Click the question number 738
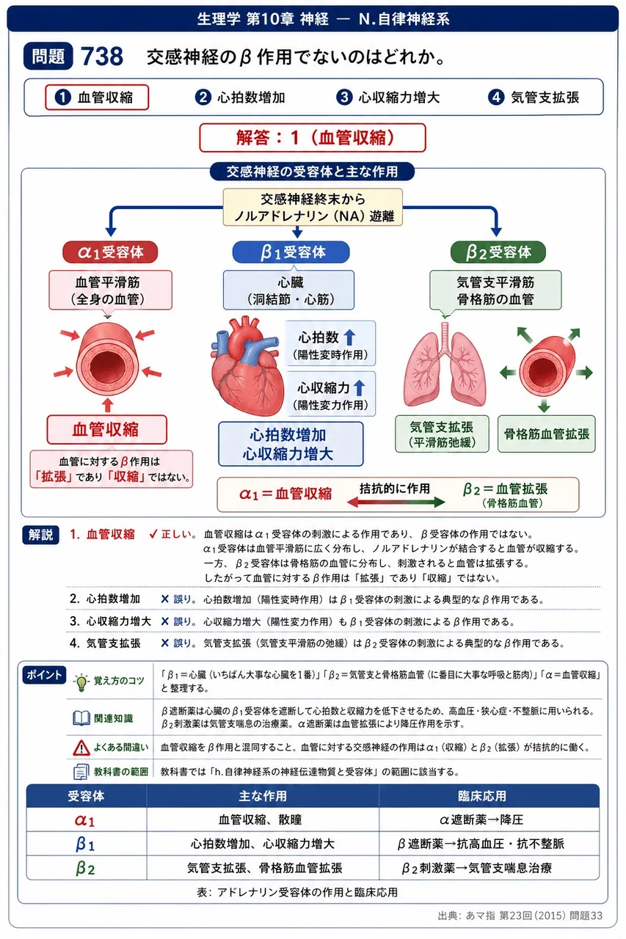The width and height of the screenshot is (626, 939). (102, 56)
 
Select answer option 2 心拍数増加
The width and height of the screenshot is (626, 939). (240, 98)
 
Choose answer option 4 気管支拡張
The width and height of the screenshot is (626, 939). (534, 98)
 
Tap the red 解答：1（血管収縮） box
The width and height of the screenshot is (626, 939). (313, 137)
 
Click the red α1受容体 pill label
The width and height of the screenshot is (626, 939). (110, 252)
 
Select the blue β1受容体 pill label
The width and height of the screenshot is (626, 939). (291, 252)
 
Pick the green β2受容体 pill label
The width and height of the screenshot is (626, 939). (498, 252)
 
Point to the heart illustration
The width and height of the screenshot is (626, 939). (246, 365)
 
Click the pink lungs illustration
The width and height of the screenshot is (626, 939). (445, 365)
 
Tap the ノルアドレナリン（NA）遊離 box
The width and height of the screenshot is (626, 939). (313, 207)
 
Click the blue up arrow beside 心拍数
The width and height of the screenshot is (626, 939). (349, 337)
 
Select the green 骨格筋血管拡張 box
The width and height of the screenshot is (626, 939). (546, 434)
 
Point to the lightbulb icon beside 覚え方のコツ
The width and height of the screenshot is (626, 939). (81, 682)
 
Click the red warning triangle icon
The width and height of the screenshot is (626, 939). (81, 748)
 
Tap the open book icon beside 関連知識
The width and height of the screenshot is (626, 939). (81, 718)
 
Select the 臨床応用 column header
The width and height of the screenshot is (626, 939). (481, 796)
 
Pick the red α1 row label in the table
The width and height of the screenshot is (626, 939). (85, 820)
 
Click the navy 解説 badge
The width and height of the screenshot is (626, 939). (40, 535)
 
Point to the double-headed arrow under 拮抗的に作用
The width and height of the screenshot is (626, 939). (396, 502)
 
